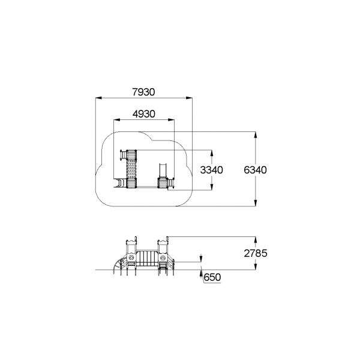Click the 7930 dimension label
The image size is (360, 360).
click(144, 92)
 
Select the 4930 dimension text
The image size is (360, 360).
click(144, 114)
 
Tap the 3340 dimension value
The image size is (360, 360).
click(211, 170)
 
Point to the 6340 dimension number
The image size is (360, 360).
click(256, 170)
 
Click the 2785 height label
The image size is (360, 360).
click(256, 253)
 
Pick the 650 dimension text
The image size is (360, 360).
click(212, 277)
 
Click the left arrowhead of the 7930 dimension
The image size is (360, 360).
click(98, 98)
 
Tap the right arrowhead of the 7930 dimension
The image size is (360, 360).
click(189, 98)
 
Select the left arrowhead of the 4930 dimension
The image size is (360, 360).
click(117, 119)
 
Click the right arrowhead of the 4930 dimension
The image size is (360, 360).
click(171, 119)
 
